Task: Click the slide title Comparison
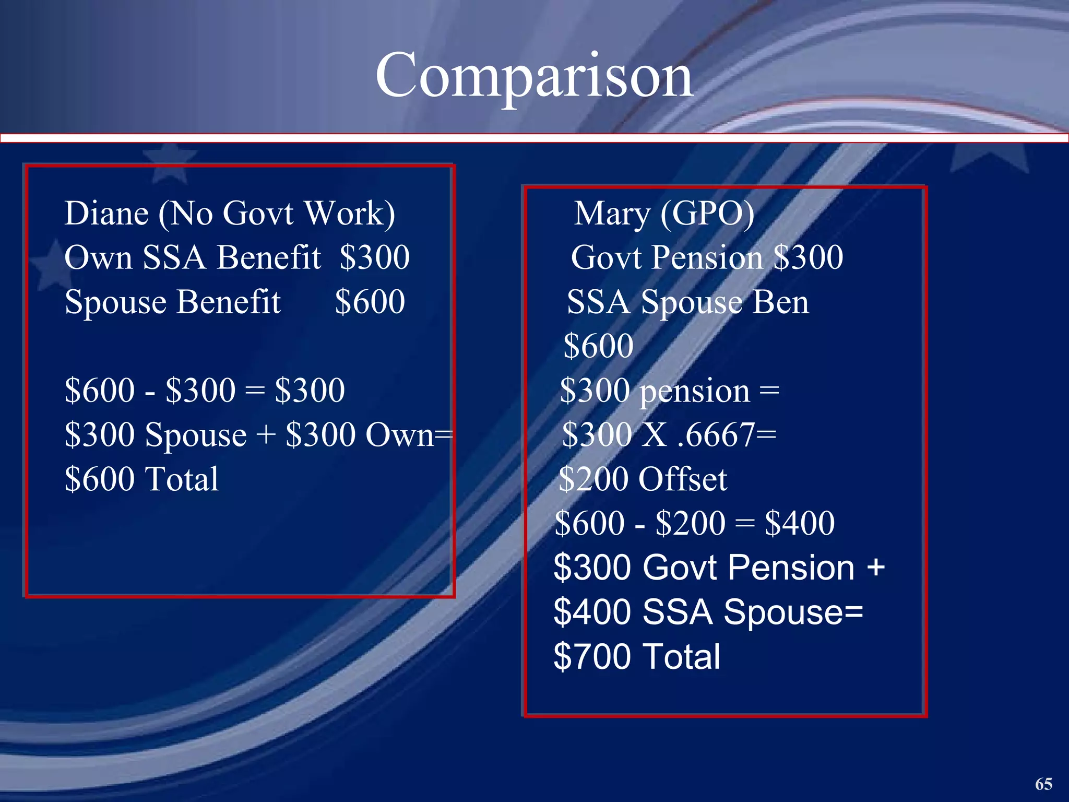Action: (x=534, y=76)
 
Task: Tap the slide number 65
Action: (x=1043, y=784)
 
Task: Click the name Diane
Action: (x=106, y=214)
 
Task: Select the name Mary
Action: (x=612, y=214)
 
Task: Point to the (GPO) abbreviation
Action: (x=707, y=214)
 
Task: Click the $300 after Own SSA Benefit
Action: (x=374, y=257)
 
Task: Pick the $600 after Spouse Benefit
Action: (x=370, y=302)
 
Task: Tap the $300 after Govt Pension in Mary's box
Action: (x=808, y=257)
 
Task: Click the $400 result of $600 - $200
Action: (x=800, y=523)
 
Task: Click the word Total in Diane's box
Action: (x=181, y=479)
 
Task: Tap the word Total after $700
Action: (x=682, y=656)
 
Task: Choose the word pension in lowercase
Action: (x=695, y=392)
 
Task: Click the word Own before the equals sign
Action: (x=399, y=435)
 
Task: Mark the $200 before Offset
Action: (x=595, y=479)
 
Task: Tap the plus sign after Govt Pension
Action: (x=876, y=568)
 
